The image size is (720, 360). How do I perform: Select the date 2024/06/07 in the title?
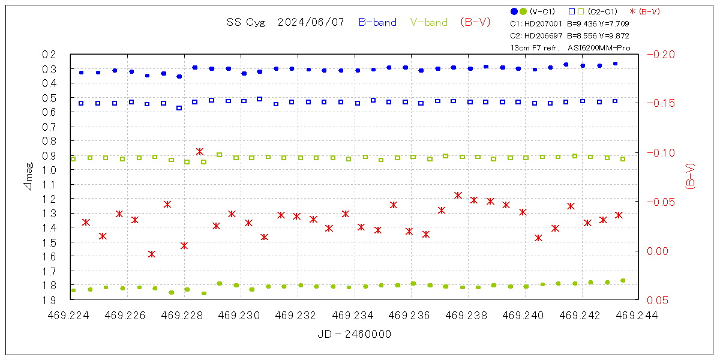pyautogui.click(x=311, y=22)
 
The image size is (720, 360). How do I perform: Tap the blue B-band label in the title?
pyautogui.click(x=377, y=22)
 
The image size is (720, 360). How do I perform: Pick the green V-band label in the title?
pyautogui.click(x=429, y=22)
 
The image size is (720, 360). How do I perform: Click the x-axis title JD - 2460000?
pyautogui.click(x=354, y=334)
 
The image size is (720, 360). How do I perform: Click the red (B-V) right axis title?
pyautogui.click(x=690, y=177)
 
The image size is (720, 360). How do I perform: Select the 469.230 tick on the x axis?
pyautogui.click(x=241, y=314)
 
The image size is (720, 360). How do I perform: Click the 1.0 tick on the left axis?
pyautogui.click(x=49, y=170)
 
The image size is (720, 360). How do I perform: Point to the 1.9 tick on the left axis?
pyautogui.click(x=49, y=299)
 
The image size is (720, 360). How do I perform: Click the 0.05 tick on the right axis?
pyautogui.click(x=661, y=300)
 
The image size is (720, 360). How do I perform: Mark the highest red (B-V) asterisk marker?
pyautogui.click(x=200, y=152)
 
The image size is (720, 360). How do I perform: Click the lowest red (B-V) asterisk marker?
pyautogui.click(x=152, y=254)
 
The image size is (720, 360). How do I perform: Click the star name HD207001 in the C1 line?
pyautogui.click(x=544, y=24)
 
